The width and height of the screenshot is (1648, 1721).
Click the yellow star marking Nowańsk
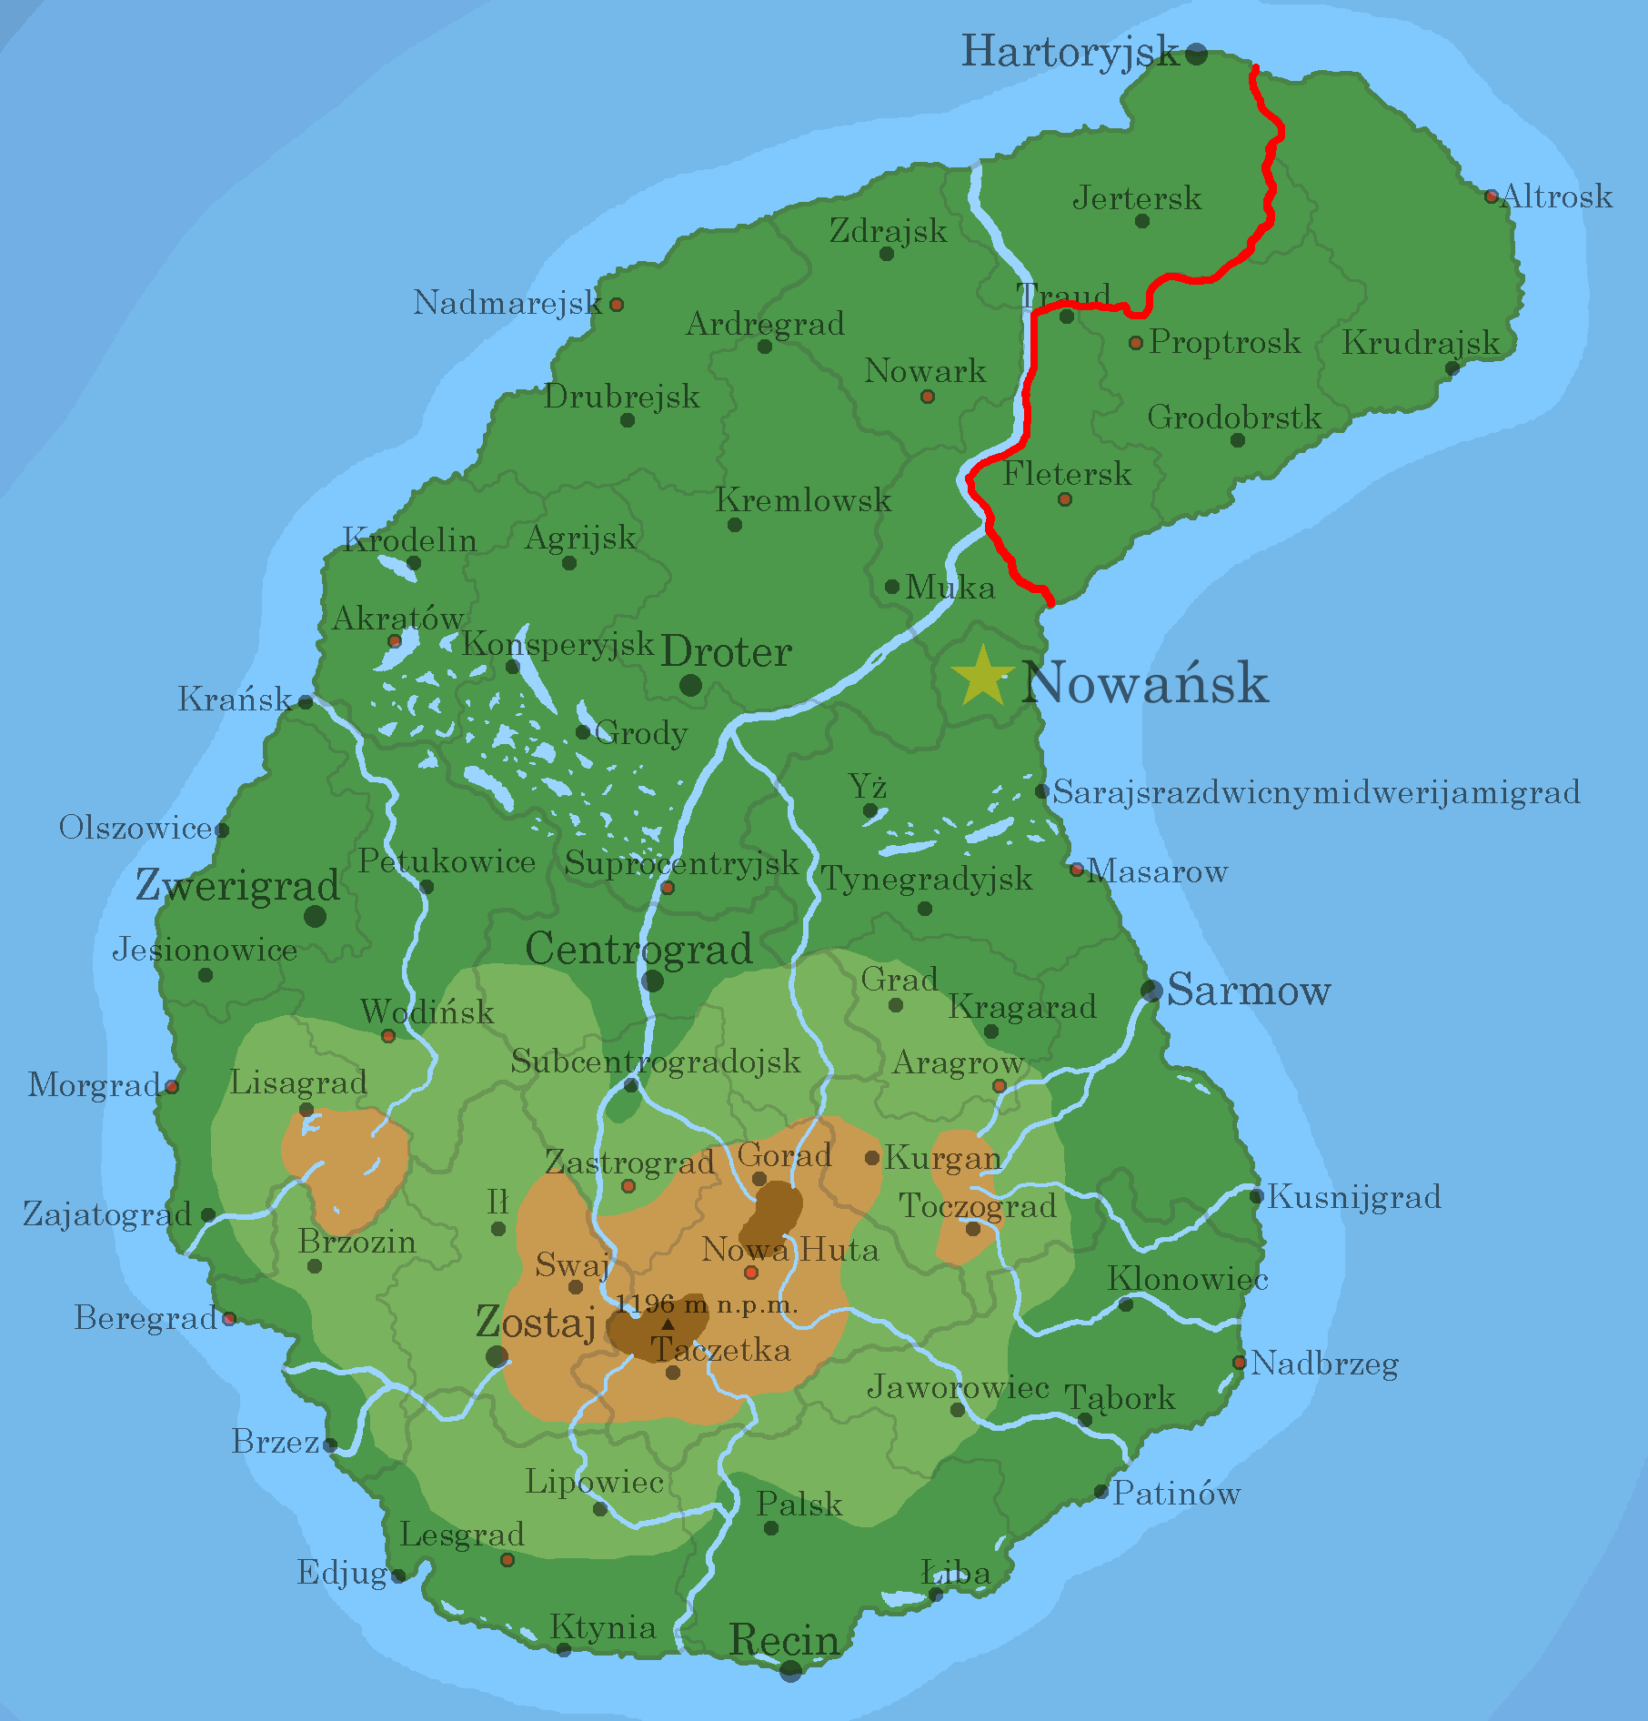click(982, 677)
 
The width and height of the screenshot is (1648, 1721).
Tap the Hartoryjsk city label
click(1070, 52)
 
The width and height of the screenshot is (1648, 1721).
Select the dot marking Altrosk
click(1491, 196)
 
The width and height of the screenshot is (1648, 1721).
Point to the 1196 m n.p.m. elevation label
click(707, 1304)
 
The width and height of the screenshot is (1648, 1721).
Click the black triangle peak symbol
click(668, 1324)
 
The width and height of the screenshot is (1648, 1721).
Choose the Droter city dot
click(690, 685)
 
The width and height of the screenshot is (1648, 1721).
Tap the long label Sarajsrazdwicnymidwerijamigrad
click(1316, 792)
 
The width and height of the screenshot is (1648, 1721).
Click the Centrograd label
click(638, 949)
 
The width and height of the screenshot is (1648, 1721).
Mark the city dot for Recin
click(790, 1670)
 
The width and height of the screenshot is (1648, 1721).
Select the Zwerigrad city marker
click(315, 916)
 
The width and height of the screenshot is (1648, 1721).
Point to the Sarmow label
click(1249, 990)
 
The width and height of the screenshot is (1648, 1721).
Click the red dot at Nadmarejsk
click(617, 305)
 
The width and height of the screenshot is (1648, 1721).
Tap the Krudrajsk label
click(1421, 343)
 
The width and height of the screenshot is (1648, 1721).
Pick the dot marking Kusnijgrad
click(1256, 1196)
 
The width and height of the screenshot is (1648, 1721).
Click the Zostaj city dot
click(497, 1357)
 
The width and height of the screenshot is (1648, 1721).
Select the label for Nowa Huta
click(790, 1251)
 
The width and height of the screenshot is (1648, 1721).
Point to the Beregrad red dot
click(229, 1318)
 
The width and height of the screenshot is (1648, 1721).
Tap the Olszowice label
click(136, 828)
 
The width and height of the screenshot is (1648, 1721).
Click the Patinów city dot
click(1101, 1492)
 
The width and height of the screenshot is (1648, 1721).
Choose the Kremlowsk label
click(803, 500)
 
